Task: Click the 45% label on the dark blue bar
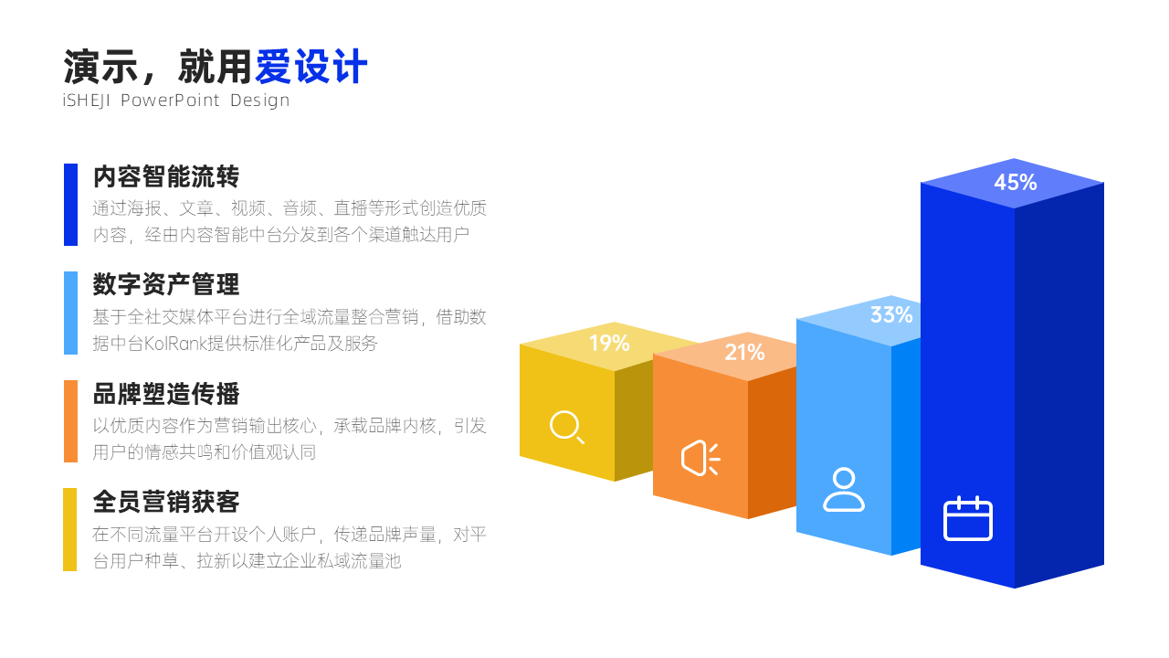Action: [x=1015, y=182]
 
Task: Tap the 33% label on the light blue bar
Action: [x=891, y=315]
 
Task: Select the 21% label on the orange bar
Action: [x=744, y=353]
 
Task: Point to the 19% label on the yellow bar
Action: [x=609, y=343]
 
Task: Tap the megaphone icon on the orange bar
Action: [x=700, y=459]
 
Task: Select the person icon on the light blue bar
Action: [x=844, y=490]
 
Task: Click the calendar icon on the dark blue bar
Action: [x=968, y=518]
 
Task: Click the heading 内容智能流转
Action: [x=166, y=176]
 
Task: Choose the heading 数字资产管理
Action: [x=166, y=284]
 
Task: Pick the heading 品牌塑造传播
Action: [x=166, y=394]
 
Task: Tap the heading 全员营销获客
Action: [x=166, y=502]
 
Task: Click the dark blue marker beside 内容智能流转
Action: [x=70, y=205]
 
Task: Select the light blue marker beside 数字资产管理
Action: [x=70, y=313]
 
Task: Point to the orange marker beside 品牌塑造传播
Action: [x=70, y=421]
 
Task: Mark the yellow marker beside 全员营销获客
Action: [x=70, y=529]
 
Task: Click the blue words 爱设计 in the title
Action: [x=311, y=67]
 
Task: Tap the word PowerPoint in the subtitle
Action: [x=170, y=100]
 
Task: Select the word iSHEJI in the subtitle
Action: [x=86, y=100]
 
